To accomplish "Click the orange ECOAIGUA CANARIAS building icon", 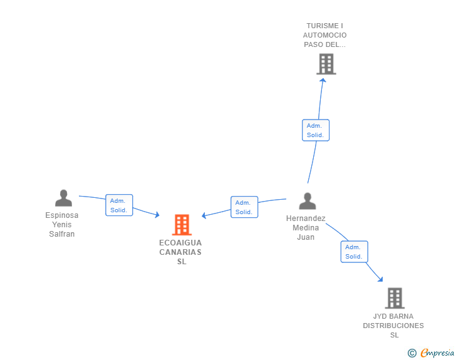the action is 182,225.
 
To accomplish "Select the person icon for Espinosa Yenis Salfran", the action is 63,198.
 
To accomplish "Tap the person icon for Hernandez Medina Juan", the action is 308,201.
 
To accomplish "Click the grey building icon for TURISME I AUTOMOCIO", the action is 326,64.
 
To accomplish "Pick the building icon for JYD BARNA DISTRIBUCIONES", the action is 395,298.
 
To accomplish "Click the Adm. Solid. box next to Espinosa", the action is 119,205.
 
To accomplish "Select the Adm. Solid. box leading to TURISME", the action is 316,130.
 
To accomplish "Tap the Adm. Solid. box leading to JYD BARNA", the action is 355,252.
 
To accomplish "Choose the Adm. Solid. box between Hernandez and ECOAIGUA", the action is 244,207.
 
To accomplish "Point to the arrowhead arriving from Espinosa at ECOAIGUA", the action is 157,215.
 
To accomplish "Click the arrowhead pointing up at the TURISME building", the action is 323,80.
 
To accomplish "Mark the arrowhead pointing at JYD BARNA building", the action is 380,279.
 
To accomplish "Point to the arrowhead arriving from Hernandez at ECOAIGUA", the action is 204,215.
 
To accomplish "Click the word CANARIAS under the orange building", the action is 180,252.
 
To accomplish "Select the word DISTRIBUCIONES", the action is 393,326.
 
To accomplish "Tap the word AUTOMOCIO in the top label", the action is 325,35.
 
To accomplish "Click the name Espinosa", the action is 61,215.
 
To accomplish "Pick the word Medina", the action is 306,228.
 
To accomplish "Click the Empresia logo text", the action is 437,352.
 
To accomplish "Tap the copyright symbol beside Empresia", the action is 412,353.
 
